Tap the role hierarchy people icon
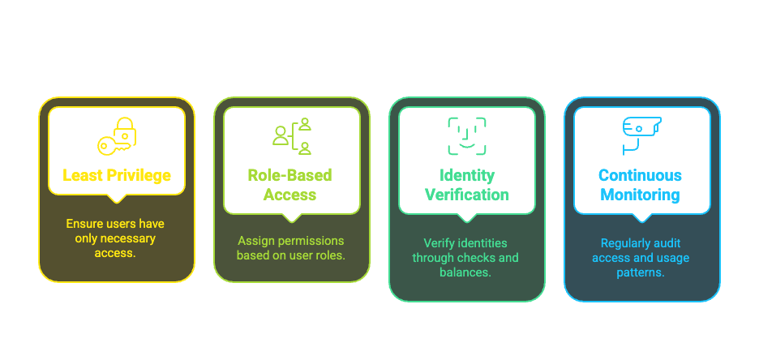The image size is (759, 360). coord(292,135)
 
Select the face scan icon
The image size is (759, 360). coord(467,135)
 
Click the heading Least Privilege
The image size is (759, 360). coord(117,175)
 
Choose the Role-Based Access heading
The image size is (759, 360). coord(290,185)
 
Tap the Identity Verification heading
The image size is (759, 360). coord(467,185)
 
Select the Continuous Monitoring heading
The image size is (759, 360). coord(640,185)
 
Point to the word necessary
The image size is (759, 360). coord(124,238)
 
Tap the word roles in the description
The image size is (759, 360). coord(331,255)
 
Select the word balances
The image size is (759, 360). coord(468,272)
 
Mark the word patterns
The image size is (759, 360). coord(640,272)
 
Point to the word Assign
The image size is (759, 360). coord(256,241)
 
